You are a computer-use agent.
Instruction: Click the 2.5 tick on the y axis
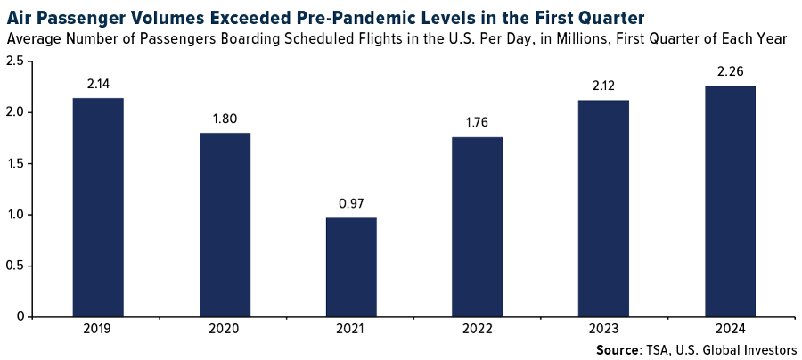(x=15, y=61)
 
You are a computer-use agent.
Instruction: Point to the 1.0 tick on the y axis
(x=15, y=215)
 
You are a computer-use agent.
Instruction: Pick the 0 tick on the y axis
(x=20, y=316)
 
